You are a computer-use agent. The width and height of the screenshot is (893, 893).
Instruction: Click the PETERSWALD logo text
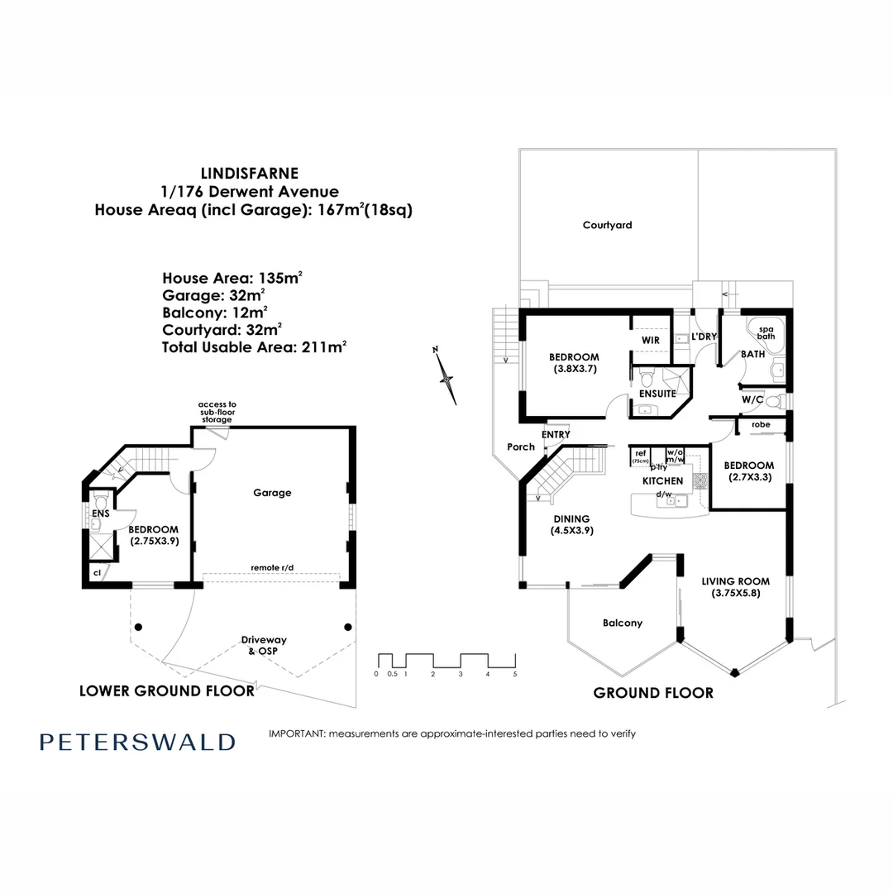137,742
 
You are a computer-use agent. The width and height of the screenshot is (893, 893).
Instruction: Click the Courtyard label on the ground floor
607,225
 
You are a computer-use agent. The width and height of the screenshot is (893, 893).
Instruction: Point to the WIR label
650,339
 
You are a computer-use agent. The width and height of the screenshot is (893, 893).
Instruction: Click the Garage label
272,493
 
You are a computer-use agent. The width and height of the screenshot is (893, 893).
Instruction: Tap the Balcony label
623,623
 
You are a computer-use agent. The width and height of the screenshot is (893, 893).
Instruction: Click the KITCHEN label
663,480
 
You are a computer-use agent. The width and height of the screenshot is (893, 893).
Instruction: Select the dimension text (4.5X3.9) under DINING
573,531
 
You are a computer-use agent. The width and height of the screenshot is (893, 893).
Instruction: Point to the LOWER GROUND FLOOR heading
166,690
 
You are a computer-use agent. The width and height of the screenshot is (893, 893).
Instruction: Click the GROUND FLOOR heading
653,693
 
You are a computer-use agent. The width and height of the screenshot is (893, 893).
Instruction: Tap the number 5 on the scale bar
515,675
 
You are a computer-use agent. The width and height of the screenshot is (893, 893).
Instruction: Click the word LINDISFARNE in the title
251,174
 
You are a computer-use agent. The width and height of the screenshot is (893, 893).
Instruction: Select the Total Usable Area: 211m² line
254,347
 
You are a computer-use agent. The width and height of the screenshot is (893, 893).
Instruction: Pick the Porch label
521,446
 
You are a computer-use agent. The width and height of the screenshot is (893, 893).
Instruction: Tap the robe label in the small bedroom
761,425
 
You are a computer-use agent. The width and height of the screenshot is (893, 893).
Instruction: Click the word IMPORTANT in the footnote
297,733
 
